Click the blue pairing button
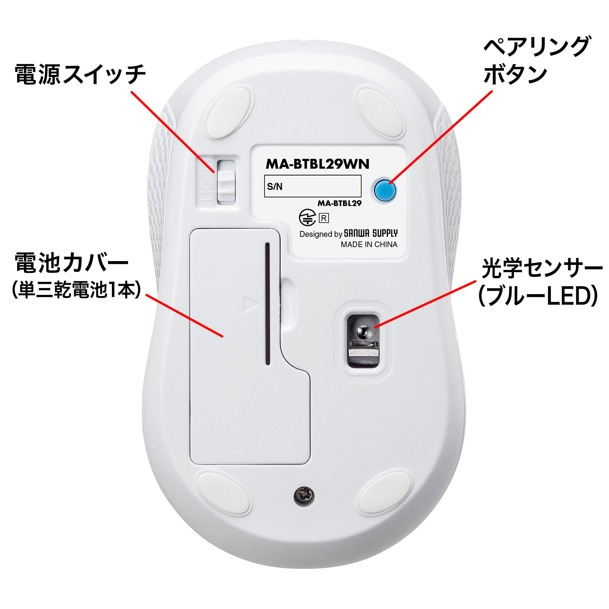tap(385, 190)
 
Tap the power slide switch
tap(226, 182)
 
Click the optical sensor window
tap(363, 341)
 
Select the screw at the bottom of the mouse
tap(304, 495)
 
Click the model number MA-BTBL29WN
tap(317, 164)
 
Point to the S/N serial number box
tap(312, 186)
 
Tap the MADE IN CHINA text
tap(369, 244)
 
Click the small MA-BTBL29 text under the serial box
tap(340, 203)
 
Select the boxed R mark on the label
tap(324, 218)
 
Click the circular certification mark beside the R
tap(307, 218)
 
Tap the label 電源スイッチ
tap(80, 74)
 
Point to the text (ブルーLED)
tap(538, 296)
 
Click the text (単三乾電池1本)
tap(76, 290)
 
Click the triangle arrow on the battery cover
tap(250, 304)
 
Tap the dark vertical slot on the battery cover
tap(268, 303)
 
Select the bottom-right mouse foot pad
tap(385, 493)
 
